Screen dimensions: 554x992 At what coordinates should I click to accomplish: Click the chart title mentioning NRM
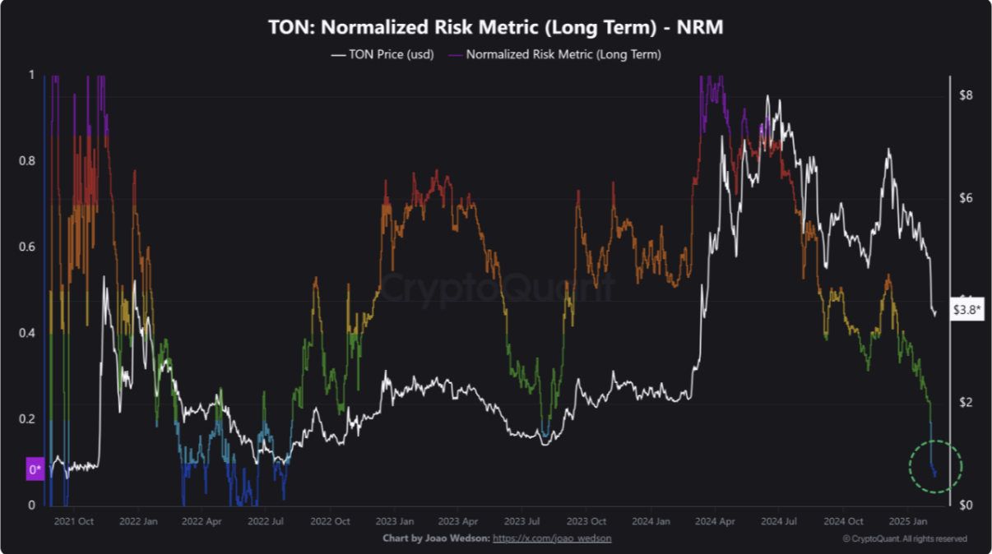495,27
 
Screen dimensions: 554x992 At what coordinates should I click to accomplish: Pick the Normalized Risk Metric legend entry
555,54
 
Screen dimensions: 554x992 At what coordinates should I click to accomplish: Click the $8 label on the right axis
966,95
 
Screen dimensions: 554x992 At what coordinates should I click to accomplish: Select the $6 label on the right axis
966,198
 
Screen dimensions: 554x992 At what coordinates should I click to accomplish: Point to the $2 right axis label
966,402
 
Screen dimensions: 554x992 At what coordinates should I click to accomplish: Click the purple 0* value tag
35,470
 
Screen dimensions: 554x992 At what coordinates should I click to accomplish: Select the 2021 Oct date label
74,521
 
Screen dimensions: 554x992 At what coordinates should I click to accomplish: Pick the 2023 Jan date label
396,521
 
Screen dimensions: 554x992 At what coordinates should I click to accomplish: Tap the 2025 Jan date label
911,521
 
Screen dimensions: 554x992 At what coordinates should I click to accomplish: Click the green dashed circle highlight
934,467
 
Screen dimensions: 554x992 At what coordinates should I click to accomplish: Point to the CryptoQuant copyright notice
905,538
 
